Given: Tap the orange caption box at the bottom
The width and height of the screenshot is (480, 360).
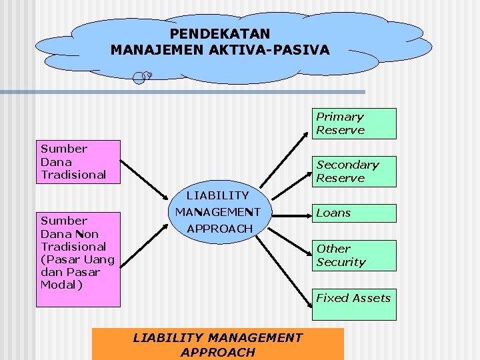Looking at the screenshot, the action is pyautogui.click(x=218, y=344).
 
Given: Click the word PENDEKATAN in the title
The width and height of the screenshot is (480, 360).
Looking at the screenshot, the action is pyautogui.click(x=220, y=33).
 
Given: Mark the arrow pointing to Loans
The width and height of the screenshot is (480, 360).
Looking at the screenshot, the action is pyautogui.click(x=287, y=215).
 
